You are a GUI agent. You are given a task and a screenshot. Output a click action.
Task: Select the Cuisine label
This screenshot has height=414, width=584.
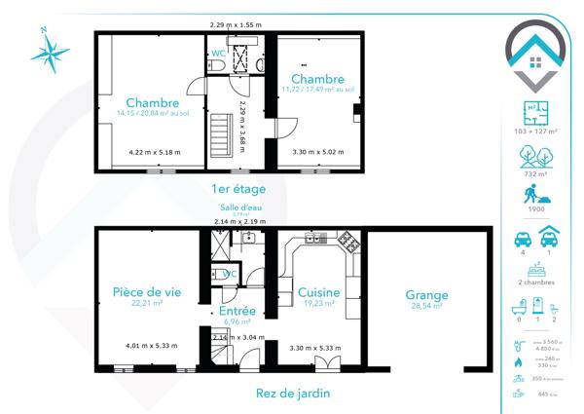tap(318, 292)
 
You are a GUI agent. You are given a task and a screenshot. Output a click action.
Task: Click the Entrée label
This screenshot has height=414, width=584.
tap(237, 311)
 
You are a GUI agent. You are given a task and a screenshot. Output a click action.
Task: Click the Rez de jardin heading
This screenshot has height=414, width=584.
tap(291, 393)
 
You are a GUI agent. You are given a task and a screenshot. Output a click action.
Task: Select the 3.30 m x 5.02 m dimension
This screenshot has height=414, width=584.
tap(318, 151)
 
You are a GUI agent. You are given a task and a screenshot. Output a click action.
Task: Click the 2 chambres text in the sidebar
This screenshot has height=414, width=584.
tap(533, 281)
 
